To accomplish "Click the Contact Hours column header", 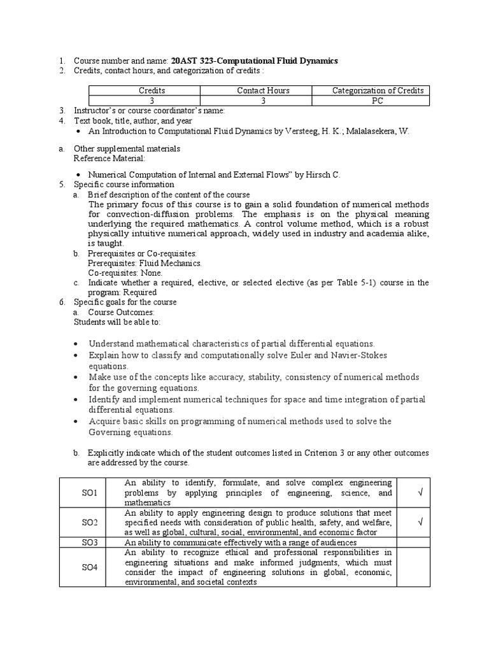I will click(263, 91).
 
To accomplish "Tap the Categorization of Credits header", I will click(378, 91).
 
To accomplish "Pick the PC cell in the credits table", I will click(378, 101).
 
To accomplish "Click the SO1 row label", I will click(90, 493).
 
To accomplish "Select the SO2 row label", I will click(90, 523).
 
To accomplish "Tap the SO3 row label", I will click(90, 542).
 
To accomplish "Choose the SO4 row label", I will click(90, 567).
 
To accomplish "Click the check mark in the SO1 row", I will click(420, 493).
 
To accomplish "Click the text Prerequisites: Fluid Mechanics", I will click(145, 263).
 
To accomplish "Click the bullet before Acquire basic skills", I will click(76, 422).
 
